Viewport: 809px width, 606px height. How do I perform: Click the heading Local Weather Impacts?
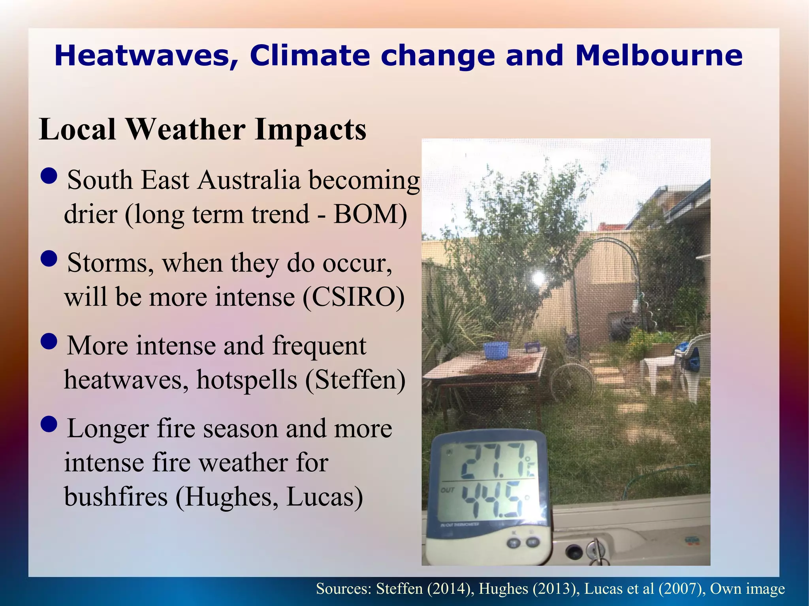coord(203,129)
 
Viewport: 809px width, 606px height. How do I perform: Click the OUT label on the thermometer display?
coord(448,490)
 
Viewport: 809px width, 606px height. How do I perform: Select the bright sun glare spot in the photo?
coord(538,278)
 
